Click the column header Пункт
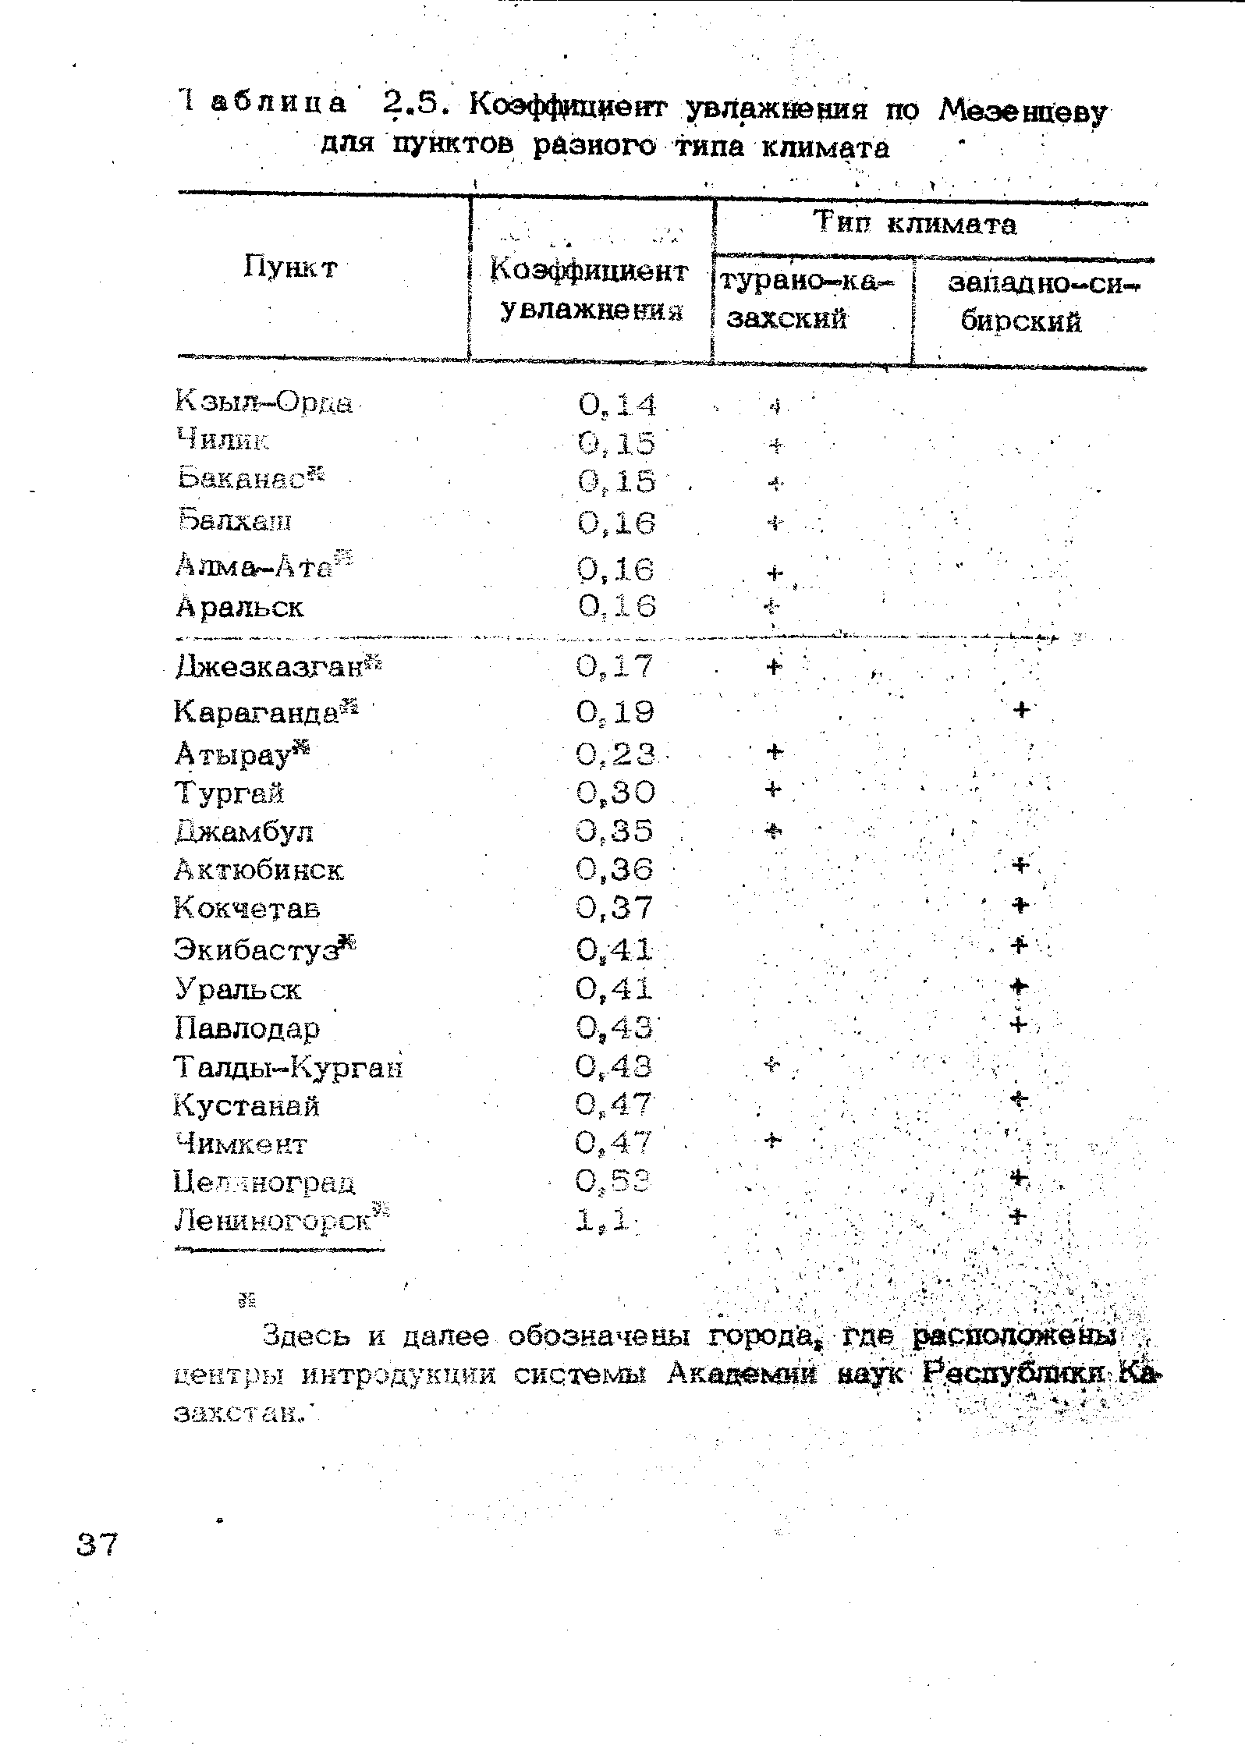pos(290,268)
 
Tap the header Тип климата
pos(916,225)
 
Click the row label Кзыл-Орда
pos(264,403)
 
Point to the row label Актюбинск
pos(259,870)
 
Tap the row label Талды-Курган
pos(289,1066)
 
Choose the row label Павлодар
pos(247,1029)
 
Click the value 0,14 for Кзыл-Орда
pos(618,404)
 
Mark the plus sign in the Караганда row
pos(1022,709)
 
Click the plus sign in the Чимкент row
pos(771,1141)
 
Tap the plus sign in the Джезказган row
pos(774,666)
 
